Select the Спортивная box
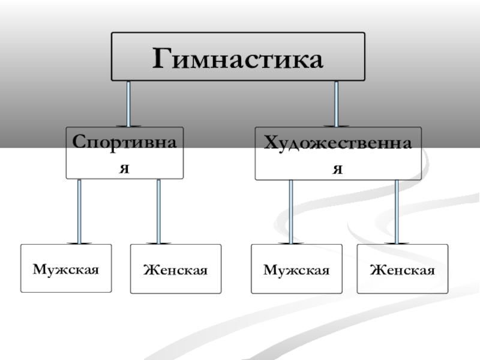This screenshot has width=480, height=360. pyautogui.click(x=124, y=153)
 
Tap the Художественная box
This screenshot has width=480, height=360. pyautogui.click(x=338, y=154)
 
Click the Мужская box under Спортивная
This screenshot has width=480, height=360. pyautogui.click(x=66, y=268)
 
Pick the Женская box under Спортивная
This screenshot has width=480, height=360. pyautogui.click(x=175, y=269)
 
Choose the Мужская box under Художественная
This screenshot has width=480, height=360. pyautogui.click(x=296, y=269)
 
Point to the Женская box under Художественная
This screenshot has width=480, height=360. pyautogui.click(x=402, y=269)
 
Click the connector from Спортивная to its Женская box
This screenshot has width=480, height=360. pyautogui.click(x=158, y=210)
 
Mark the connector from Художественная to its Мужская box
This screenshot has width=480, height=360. pyautogui.click(x=291, y=210)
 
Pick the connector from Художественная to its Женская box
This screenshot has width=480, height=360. pyautogui.click(x=397, y=210)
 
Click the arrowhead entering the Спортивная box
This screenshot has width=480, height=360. pyautogui.click(x=128, y=125)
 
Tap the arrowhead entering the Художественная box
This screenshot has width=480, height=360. pyautogui.click(x=336, y=125)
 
